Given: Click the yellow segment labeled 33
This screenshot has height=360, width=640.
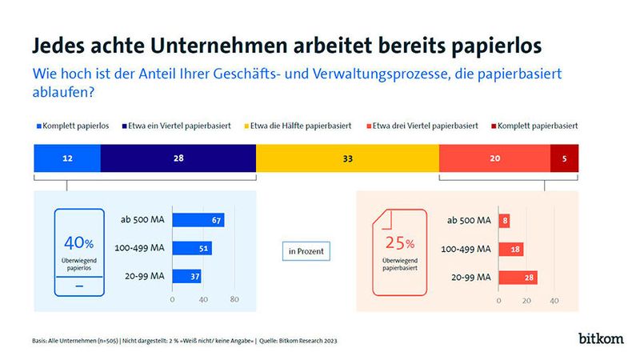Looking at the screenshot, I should coord(347,159).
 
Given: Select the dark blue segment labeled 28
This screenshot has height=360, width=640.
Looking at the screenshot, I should coord(178,159).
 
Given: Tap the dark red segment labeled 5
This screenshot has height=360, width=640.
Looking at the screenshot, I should coord(564,159).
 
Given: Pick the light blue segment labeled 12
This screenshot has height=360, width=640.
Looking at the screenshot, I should coord(67,159).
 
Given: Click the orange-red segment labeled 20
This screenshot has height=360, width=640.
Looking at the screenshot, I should coord(494,159).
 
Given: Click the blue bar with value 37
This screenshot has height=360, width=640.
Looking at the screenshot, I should coord(186,276).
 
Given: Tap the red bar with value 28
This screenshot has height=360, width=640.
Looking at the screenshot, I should coord(517,277).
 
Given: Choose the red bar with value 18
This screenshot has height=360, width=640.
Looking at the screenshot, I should coord(510,249).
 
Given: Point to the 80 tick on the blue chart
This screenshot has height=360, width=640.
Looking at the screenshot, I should coord(234,300).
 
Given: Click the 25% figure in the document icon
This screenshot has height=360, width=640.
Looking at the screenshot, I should coord(398,243).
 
